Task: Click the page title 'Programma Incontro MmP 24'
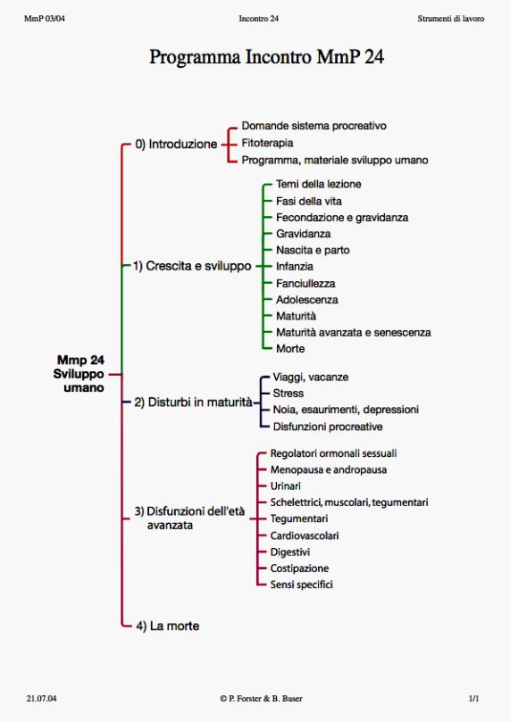tap(266, 57)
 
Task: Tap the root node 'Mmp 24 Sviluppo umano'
tap(79, 374)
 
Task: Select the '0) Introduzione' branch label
tap(176, 144)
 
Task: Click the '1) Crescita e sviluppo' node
tap(192, 266)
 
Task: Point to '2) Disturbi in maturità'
tap(194, 402)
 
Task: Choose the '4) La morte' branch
tap(168, 626)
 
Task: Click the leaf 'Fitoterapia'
tap(267, 143)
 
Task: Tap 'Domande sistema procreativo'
tap(314, 126)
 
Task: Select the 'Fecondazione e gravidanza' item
tap(342, 218)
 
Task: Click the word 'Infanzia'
tap(295, 266)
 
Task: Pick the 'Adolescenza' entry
tap(307, 300)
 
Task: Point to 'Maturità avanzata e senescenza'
tap(354, 333)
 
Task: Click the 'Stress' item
tap(288, 394)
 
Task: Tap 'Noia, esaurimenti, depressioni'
tap(346, 410)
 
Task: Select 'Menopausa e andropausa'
tap(329, 469)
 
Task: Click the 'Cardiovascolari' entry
tap(305, 535)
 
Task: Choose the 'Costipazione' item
tap(299, 568)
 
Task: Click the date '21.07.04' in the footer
tap(41, 699)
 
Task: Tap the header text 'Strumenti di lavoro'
tap(450, 19)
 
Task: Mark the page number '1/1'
tap(473, 699)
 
